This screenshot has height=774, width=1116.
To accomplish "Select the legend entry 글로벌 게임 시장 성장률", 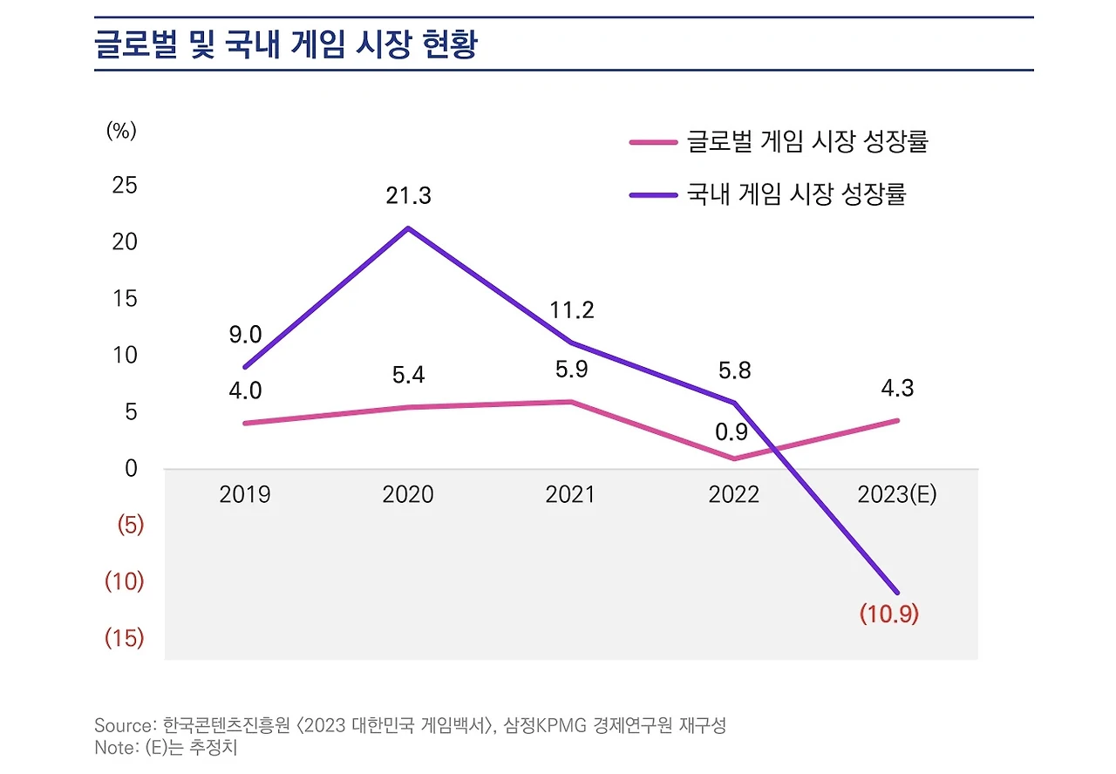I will click(x=806, y=142).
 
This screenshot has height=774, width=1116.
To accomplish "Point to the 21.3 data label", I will click(x=409, y=196).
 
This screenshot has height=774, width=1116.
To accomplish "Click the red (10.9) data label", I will click(x=889, y=614).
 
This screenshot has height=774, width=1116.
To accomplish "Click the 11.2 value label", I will click(x=572, y=310).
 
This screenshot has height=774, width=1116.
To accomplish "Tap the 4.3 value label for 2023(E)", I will click(x=897, y=388).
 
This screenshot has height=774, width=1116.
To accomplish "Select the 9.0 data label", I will click(x=245, y=335).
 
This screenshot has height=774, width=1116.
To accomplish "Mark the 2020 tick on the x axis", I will click(x=407, y=495).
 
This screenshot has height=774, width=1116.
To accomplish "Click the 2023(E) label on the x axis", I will click(x=896, y=495).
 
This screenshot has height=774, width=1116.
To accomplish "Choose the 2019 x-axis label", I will click(x=245, y=495).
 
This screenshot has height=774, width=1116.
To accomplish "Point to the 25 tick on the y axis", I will click(x=125, y=185).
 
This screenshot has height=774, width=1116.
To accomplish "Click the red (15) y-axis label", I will click(x=124, y=639).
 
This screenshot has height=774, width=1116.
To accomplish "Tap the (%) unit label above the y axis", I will click(x=121, y=131).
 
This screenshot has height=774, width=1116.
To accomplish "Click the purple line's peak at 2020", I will click(x=408, y=228).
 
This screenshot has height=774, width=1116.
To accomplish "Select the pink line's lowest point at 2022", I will click(x=734, y=458).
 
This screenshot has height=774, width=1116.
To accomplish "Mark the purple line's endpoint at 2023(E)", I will click(x=897, y=593).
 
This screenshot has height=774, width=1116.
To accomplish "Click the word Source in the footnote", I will click(x=123, y=725).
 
